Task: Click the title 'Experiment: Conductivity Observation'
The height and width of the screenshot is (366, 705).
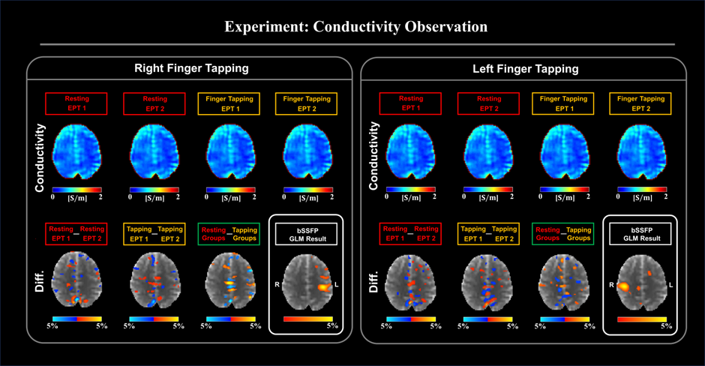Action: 357,27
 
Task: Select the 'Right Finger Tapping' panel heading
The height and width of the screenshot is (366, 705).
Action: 191,69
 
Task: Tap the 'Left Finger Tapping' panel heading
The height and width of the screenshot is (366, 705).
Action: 526,69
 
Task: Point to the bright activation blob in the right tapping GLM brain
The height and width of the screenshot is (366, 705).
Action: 325,286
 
